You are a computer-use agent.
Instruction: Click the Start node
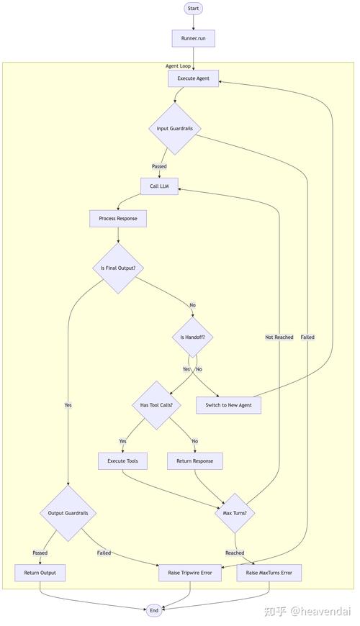[193, 9]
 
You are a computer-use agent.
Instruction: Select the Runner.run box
[193, 38]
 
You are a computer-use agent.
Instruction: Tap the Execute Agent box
[193, 78]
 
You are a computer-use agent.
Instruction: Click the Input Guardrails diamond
[174, 128]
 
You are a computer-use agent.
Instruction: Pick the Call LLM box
[159, 186]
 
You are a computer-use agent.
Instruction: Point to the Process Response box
[118, 218]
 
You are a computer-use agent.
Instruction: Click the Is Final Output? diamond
[118, 268]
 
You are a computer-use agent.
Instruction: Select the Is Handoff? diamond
[192, 337]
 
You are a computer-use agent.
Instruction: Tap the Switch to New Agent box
[229, 405]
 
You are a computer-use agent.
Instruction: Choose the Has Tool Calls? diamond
[156, 405]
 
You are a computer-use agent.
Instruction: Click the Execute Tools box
[122, 461]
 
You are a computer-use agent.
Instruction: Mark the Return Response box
[194, 461]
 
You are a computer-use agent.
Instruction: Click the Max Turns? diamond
[235, 513]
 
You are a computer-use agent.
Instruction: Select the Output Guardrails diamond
[68, 513]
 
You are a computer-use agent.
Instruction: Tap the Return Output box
[40, 573]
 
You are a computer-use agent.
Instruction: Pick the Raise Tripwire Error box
[190, 573]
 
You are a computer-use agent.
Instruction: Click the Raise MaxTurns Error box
[269, 573]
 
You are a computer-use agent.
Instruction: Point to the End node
[153, 610]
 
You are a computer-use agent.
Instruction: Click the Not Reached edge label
[279, 337]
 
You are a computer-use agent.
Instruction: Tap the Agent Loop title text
[178, 65]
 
